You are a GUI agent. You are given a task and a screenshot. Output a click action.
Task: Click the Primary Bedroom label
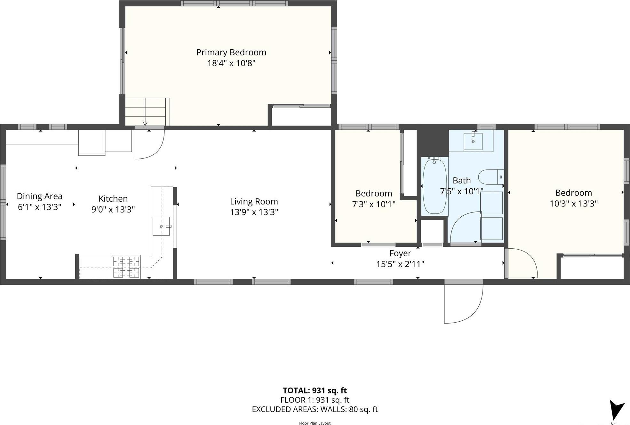point(231,52)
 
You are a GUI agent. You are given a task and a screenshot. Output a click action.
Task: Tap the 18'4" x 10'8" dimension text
point(231,63)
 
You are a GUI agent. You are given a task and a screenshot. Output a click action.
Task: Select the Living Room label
point(254,201)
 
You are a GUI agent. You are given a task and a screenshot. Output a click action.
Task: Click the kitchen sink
point(161,226)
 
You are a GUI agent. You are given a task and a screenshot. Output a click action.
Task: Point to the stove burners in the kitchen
point(126,267)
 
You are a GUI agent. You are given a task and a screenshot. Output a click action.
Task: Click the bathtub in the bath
point(435,187)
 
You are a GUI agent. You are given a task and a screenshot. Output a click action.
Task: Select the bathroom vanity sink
point(473,141)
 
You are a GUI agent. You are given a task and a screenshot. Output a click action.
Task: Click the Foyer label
point(400,253)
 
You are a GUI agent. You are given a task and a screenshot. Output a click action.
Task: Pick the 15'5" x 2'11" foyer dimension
point(400,264)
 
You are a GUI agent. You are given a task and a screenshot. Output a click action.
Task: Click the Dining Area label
point(39,196)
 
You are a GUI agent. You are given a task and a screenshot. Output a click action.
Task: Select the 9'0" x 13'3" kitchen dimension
point(113,209)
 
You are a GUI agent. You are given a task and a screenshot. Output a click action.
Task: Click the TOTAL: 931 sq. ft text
point(315,390)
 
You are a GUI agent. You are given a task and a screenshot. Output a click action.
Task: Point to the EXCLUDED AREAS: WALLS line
point(315,409)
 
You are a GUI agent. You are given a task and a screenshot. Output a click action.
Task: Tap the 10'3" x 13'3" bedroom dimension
point(573,204)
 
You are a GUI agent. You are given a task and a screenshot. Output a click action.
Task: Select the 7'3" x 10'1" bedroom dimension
point(373,204)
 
